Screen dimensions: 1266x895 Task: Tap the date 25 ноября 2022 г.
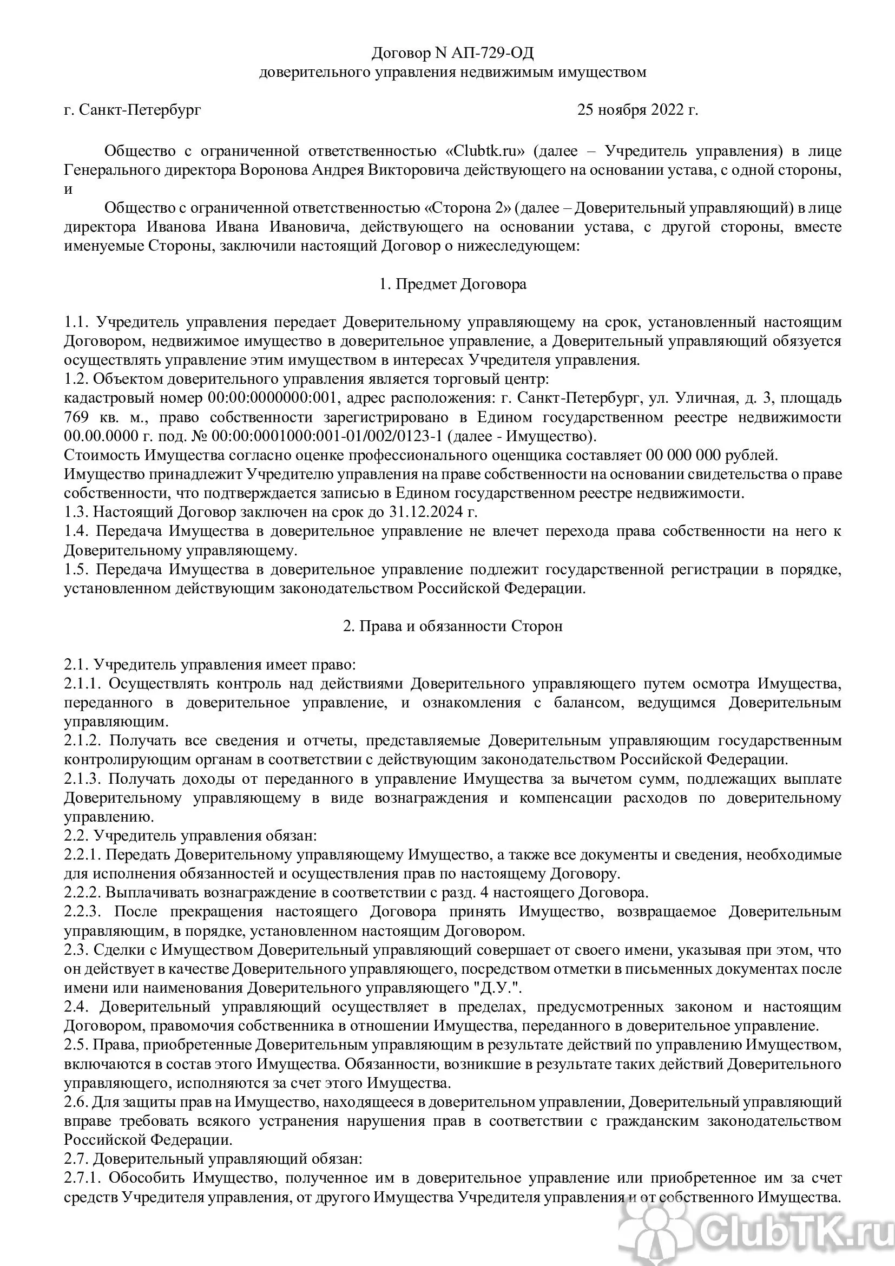637,110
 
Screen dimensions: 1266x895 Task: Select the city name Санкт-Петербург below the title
140,110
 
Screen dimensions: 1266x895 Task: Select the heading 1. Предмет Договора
452,284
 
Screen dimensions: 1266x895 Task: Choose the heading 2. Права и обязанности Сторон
452,626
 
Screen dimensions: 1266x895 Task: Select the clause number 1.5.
76,569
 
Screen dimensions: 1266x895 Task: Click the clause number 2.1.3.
82,778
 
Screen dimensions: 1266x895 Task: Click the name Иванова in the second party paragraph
177,227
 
